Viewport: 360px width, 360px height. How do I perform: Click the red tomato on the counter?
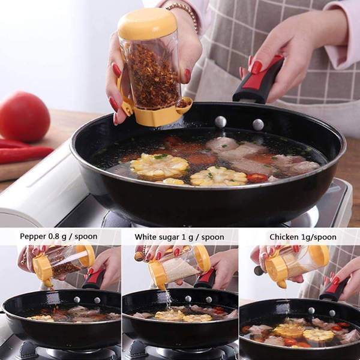[x=24, y=116]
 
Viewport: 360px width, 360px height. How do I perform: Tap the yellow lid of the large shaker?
[x=148, y=23]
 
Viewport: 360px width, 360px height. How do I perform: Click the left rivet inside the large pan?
[x=220, y=121]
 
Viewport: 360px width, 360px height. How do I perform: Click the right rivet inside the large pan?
[x=258, y=124]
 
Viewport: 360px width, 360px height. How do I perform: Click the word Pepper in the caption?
[x=34, y=236]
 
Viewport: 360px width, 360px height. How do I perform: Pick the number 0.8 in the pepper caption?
[x=54, y=236]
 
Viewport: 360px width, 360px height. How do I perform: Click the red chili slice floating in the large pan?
[x=257, y=178]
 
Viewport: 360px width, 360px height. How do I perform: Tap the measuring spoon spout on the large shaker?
[x=184, y=105]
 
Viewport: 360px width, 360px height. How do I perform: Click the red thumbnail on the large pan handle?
[x=256, y=67]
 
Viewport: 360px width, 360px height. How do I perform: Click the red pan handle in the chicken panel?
[x=334, y=289]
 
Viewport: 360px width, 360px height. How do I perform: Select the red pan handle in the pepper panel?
[x=94, y=278]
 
